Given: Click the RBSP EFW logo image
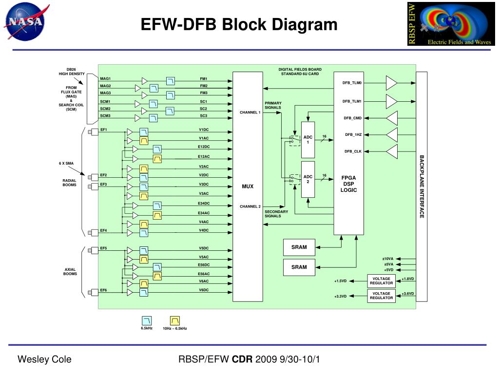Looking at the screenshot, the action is coord(451,24).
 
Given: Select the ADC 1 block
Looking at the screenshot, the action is coord(308,140).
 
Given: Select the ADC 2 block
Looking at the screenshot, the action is coord(308,179).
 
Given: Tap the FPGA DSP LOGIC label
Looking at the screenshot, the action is coord(348,184).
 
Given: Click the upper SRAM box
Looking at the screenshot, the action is coord(299,247).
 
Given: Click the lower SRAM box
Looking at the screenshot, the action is coord(299,267).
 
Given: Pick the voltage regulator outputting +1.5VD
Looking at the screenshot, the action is coord(381,281).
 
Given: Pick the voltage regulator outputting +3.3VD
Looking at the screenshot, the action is coord(381,296).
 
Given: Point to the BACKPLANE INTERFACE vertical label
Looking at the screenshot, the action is coord(422,187).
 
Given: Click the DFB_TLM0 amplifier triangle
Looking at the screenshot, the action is coord(391,83).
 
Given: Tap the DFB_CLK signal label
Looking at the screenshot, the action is coord(353,151).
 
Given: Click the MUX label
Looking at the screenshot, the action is coord(248,187).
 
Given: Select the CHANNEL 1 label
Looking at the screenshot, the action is coord(250,112).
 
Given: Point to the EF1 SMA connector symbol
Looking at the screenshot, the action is coord(93,132).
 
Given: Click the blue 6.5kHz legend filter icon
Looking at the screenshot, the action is coord(147,320).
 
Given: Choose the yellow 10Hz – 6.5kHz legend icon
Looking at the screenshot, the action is coord(175,320).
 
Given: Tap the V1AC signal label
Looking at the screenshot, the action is coord(204,138).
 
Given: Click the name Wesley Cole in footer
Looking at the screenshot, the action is coord(44,359).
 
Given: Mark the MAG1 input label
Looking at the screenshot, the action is coord(105,78).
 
